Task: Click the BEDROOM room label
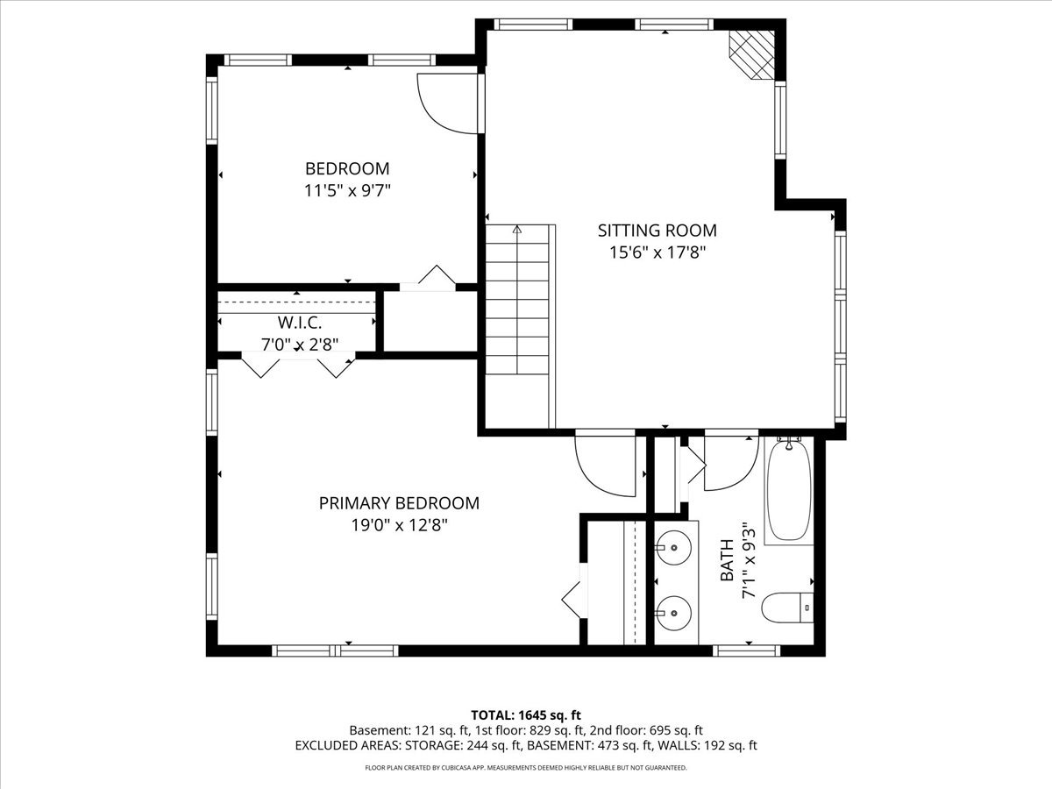coord(347,168)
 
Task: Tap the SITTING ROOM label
coord(657,231)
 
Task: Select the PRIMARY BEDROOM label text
coord(399,503)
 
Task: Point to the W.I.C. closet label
coord(300,323)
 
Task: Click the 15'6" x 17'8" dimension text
coord(657,252)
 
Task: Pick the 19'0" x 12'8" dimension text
coord(399,525)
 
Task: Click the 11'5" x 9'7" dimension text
coord(347,191)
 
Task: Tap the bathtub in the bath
coord(789,492)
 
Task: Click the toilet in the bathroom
coord(787,608)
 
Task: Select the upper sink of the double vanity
coord(673,548)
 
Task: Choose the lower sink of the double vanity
coord(673,613)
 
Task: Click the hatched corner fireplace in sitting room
coord(752,54)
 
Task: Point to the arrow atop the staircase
coord(516,229)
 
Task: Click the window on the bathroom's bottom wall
coord(747,650)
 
